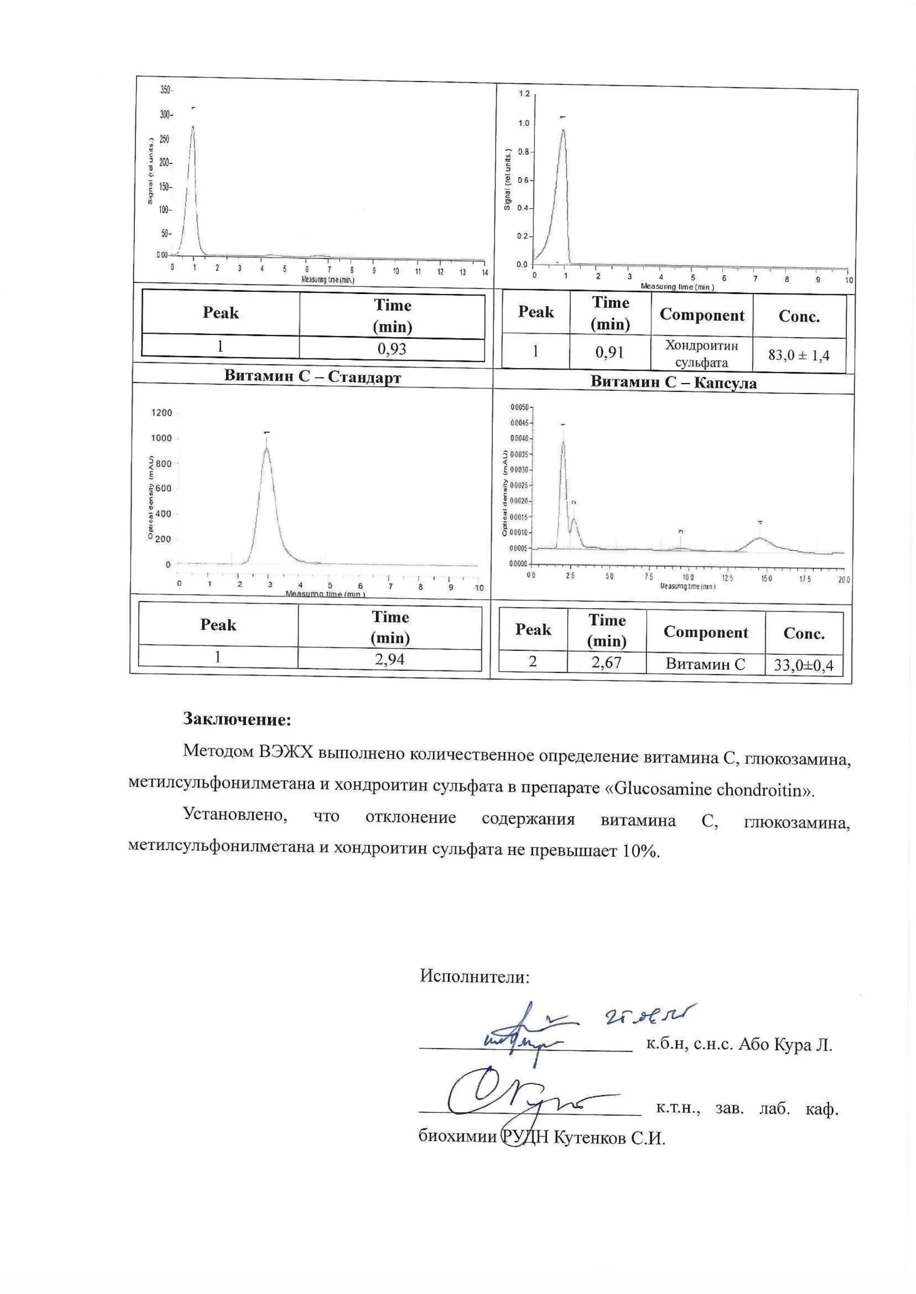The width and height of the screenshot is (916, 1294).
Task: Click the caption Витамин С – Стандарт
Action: tap(312, 377)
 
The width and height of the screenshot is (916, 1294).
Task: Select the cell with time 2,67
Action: tap(606, 662)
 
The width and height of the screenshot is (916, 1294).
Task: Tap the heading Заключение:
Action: tap(237, 720)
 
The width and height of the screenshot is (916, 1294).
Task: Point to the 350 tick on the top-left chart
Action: tap(165, 90)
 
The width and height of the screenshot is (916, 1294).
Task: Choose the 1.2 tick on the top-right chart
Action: tap(524, 94)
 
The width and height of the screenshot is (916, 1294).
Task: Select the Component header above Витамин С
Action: tap(705, 632)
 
